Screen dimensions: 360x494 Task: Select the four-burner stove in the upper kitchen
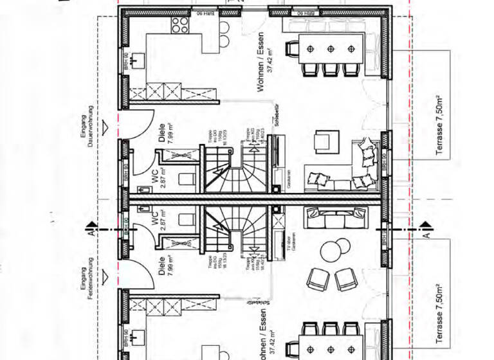tap(178, 26)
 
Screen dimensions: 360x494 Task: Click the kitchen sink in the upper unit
tap(136, 62)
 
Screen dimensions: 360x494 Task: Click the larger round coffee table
tap(334, 250)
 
